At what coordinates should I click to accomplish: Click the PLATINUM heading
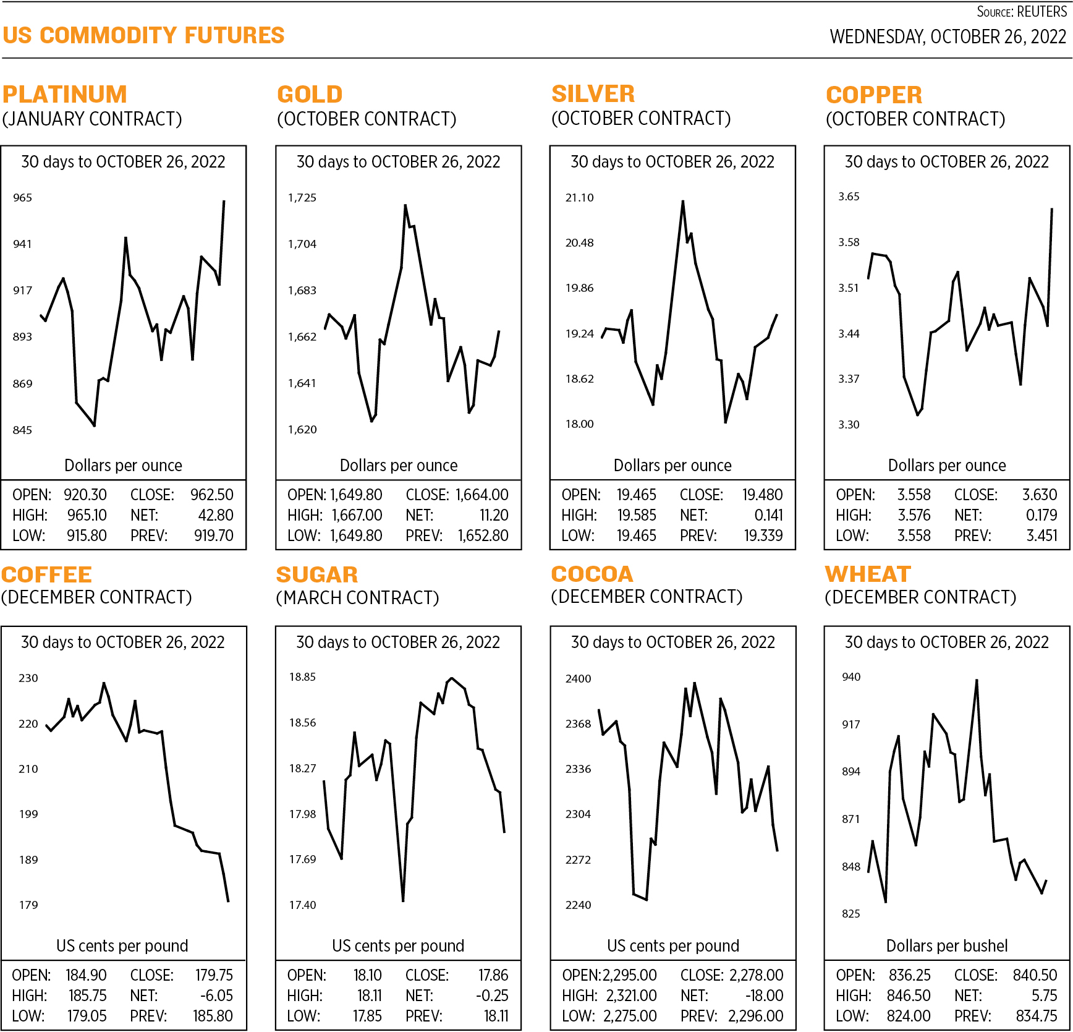[x=64, y=95]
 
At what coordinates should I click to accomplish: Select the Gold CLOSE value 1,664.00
[x=481, y=495]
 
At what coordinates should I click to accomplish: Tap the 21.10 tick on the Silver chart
[x=579, y=198]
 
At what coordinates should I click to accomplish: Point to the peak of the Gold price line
[x=405, y=205]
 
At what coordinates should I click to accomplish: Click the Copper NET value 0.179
[x=1041, y=515]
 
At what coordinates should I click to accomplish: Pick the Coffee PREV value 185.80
[x=213, y=1016]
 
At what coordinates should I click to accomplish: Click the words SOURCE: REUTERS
[x=1021, y=12]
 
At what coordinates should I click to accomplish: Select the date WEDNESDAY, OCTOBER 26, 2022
[x=948, y=37]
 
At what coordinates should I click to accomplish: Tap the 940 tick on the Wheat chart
[x=851, y=677]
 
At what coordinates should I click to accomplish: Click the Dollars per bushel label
[x=946, y=945]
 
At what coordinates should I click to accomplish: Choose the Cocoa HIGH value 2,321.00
[x=631, y=996]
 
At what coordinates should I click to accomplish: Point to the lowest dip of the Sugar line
[x=403, y=900]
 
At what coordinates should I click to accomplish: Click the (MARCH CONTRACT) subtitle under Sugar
[x=357, y=598]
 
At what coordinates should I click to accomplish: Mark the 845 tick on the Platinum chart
[x=22, y=430]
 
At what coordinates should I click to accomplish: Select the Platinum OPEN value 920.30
[x=85, y=495]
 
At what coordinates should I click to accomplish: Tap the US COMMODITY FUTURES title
[x=143, y=35]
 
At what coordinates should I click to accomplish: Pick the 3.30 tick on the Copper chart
[x=849, y=425]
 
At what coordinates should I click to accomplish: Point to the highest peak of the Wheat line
[x=977, y=680]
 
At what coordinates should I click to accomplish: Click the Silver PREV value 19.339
[x=763, y=535]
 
